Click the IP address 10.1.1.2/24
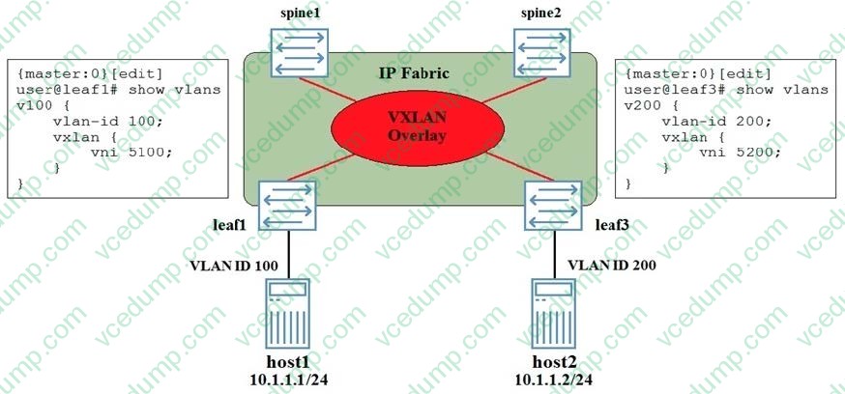tap(555, 377)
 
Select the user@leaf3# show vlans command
tap(727, 90)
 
